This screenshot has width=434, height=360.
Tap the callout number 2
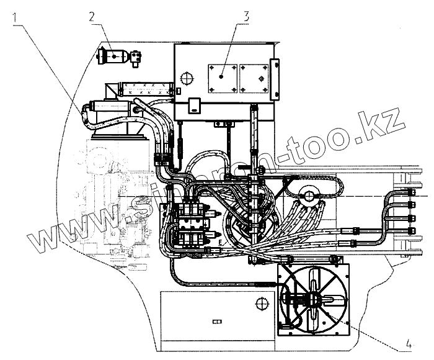pyautogui.click(x=91, y=17)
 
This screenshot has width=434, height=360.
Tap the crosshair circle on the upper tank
pyautogui.click(x=185, y=79)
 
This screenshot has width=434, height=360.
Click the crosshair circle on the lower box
pyautogui.click(x=261, y=302)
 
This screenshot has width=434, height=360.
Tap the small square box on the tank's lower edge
pyautogui.click(x=193, y=106)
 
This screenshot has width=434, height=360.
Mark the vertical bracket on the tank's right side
pyautogui.click(x=275, y=79)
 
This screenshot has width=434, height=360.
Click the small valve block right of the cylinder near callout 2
pyautogui.click(x=136, y=58)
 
